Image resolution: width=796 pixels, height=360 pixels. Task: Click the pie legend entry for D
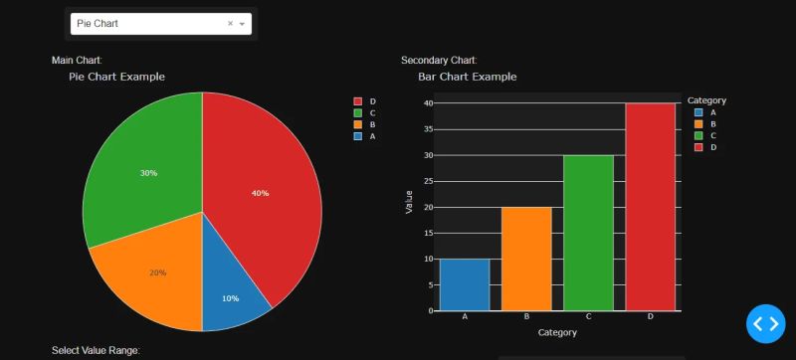tap(363, 101)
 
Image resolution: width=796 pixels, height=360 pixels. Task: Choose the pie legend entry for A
tap(363, 136)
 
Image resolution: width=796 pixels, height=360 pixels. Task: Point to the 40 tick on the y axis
tap(427, 103)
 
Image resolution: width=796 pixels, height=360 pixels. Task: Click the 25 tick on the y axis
tap(427, 181)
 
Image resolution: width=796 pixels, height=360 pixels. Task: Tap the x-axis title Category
tap(557, 332)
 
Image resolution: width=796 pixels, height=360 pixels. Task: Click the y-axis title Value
tap(409, 202)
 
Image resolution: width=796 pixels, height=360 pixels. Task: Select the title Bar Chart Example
tap(467, 77)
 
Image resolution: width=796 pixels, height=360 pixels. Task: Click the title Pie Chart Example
tap(116, 77)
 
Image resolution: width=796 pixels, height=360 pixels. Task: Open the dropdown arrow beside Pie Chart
tap(242, 23)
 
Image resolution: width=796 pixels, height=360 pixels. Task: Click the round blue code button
tap(767, 323)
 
